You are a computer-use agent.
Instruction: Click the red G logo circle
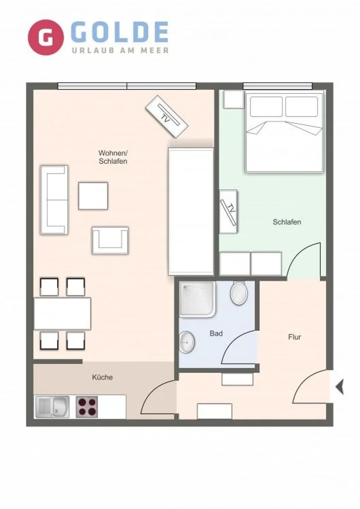[x=46, y=37]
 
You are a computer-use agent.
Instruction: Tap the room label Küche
[x=102, y=377]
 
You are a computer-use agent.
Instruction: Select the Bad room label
[x=216, y=333]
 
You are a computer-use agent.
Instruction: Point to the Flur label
[x=294, y=337]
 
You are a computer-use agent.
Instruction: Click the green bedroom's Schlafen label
[x=287, y=222]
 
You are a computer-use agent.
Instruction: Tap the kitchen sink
[x=52, y=406]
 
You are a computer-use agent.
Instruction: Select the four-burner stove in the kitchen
[x=87, y=407]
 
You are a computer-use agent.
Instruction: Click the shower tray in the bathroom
[x=197, y=299]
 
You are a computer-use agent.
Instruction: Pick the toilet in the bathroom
[x=239, y=293]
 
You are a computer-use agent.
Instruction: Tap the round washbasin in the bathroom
[x=187, y=342]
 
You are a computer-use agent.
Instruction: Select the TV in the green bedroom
[x=228, y=211]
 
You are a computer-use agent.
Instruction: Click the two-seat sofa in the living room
[x=54, y=199]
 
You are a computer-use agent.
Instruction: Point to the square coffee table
[x=93, y=196]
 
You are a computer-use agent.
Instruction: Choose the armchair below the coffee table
[x=110, y=240]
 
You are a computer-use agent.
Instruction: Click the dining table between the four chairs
[x=62, y=314]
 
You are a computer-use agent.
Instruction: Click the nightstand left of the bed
[x=233, y=99]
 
